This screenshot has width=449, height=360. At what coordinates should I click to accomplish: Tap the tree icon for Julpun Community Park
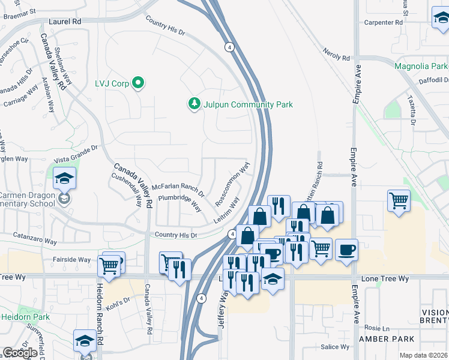click(x=194, y=104)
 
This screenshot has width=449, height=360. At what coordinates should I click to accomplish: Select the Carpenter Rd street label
click(x=382, y=23)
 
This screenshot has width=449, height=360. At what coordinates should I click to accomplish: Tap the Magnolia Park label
click(x=421, y=66)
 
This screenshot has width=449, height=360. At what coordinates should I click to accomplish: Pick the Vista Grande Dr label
click(x=75, y=153)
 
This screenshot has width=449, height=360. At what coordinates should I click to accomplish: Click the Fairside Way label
click(x=71, y=260)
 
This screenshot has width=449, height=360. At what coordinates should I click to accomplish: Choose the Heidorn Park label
click(x=24, y=316)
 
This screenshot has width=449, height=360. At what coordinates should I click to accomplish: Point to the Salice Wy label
click(x=335, y=347)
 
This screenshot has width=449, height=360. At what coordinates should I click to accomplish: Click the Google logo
click(x=20, y=353)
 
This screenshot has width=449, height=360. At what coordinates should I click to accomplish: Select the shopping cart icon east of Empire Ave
click(x=399, y=201)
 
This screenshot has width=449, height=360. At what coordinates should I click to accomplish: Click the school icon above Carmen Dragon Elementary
click(x=64, y=178)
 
